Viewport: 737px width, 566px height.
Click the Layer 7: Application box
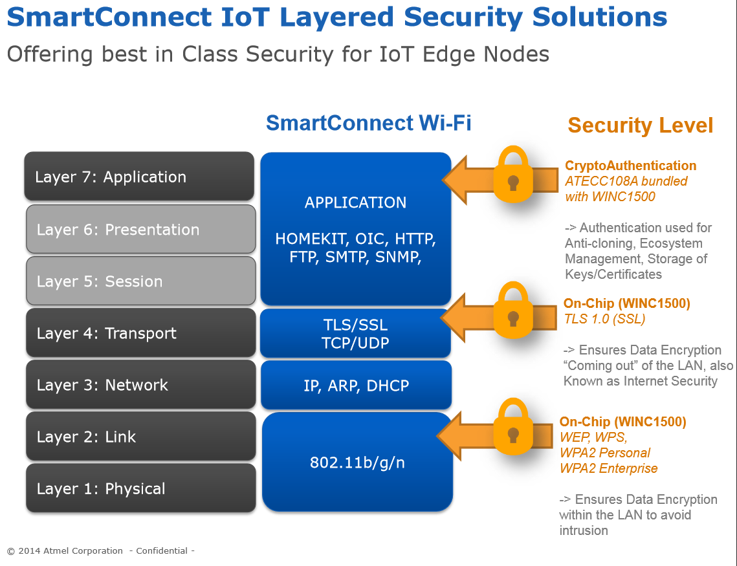[139, 177]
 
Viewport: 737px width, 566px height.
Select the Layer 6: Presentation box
[140, 230]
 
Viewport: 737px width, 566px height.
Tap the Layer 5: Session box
[140, 281]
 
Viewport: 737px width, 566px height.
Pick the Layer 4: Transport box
[140, 333]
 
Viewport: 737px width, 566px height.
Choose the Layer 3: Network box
[140, 385]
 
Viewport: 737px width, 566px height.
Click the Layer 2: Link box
[140, 437]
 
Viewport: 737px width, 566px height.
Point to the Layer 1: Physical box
[140, 488]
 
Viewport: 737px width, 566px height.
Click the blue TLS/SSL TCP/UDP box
[355, 334]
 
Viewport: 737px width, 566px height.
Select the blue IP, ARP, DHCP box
[356, 386]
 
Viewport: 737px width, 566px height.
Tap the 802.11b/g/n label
[357, 463]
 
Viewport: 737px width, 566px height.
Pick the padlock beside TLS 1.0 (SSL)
[512, 312]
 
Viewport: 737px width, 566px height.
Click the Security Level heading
[640, 125]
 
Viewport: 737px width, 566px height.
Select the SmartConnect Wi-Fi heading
[368, 123]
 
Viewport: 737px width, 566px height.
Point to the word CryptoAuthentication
[630, 166]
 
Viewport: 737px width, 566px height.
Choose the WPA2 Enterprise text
[608, 468]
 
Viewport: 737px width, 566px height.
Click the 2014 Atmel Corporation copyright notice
[65, 551]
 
